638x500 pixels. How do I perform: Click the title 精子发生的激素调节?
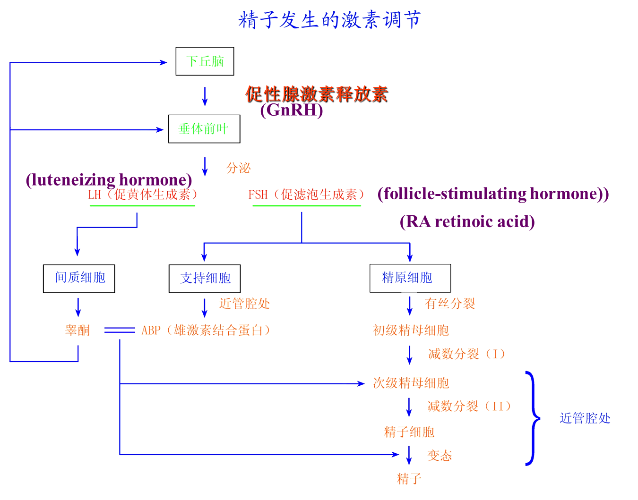pyautogui.click(x=329, y=20)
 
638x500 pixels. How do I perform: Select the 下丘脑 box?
pyautogui.click(x=205, y=61)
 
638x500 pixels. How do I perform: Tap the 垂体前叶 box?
pyautogui.click(x=204, y=129)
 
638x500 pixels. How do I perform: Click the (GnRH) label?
pyautogui.click(x=292, y=110)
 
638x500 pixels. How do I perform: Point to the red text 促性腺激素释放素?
pyautogui.click(x=316, y=94)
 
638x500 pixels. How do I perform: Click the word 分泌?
pyautogui.click(x=238, y=168)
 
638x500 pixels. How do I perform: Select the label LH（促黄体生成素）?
pyautogui.click(x=143, y=195)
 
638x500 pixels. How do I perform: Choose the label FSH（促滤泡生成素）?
pyautogui.click(x=307, y=195)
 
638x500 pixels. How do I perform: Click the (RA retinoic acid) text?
pyautogui.click(x=467, y=221)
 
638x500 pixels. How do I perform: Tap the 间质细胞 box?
pyautogui.click(x=79, y=279)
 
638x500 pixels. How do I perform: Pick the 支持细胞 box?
pyautogui.click(x=205, y=279)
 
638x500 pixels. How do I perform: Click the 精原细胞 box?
pyautogui.click(x=410, y=278)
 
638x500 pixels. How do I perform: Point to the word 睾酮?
pyautogui.click(x=78, y=330)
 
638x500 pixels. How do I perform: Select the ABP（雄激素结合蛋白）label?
pyautogui.click(x=206, y=330)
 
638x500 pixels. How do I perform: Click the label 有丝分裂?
pyautogui.click(x=450, y=304)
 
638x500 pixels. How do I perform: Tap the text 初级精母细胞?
pyautogui.click(x=411, y=330)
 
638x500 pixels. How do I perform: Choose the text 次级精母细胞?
pyautogui.click(x=411, y=383)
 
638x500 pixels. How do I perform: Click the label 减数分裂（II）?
pyautogui.click(x=469, y=406)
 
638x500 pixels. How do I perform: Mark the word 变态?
pyautogui.click(x=440, y=456)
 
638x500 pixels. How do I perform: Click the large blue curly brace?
pyautogui.click(x=533, y=418)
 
